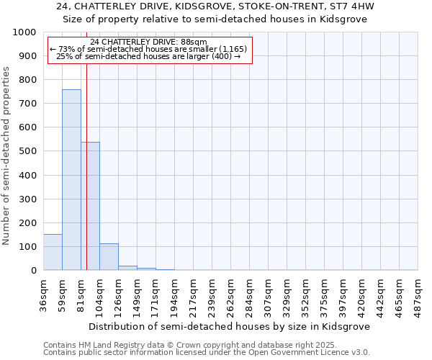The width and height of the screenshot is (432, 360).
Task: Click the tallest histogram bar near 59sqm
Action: [x=71, y=180]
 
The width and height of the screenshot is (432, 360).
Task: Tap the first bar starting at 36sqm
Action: [x=53, y=252]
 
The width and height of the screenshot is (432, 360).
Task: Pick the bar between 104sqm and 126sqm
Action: [x=109, y=257]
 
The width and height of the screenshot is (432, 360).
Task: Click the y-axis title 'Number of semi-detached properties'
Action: [x=6, y=156]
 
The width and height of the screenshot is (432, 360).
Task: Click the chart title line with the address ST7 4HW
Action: [x=215, y=6]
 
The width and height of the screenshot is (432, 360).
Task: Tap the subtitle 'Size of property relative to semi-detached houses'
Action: [x=215, y=19]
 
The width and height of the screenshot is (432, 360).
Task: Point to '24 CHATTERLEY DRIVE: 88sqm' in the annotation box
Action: [x=149, y=42]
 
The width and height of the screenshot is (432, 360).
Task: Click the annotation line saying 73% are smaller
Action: [x=149, y=49]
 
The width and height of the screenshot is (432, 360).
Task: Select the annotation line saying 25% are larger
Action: [x=149, y=56]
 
